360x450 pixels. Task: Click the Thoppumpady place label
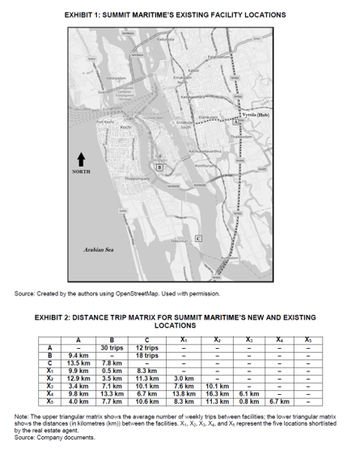click(x=122, y=176)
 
